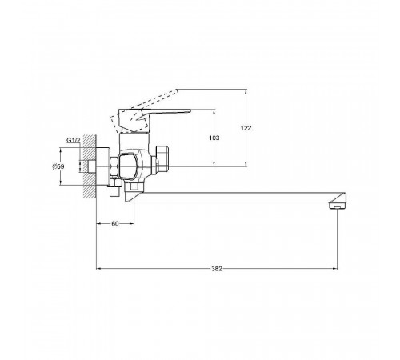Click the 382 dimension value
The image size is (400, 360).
[217, 269]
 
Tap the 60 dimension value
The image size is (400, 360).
[115, 224]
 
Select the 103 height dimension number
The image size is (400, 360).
[214, 138]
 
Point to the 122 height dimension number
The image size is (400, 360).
[246, 128]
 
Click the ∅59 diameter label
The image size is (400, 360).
[58, 166]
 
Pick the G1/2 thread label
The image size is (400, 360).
[74, 140]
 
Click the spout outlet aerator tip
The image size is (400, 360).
[337, 206]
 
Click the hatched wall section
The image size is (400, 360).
[90, 166]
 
